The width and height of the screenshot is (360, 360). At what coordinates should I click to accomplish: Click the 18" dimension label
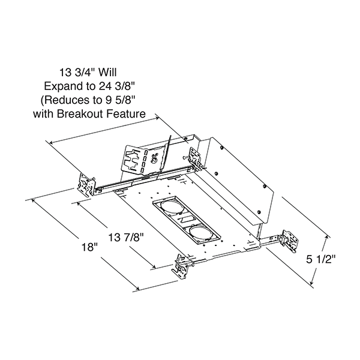click(x=90, y=247)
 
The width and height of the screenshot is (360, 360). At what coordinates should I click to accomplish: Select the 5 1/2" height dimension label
click(x=321, y=260)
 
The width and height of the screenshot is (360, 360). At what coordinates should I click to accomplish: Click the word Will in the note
click(x=107, y=73)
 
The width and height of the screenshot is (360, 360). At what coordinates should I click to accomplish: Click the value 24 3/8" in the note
click(x=116, y=86)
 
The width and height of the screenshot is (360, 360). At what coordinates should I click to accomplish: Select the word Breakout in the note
click(x=77, y=113)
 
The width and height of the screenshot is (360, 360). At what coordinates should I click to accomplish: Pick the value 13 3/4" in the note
click(x=77, y=73)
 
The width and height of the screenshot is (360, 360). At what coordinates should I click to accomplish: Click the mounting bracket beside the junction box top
click(x=196, y=159)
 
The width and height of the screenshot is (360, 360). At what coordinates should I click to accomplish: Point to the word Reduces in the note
click(x=70, y=100)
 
